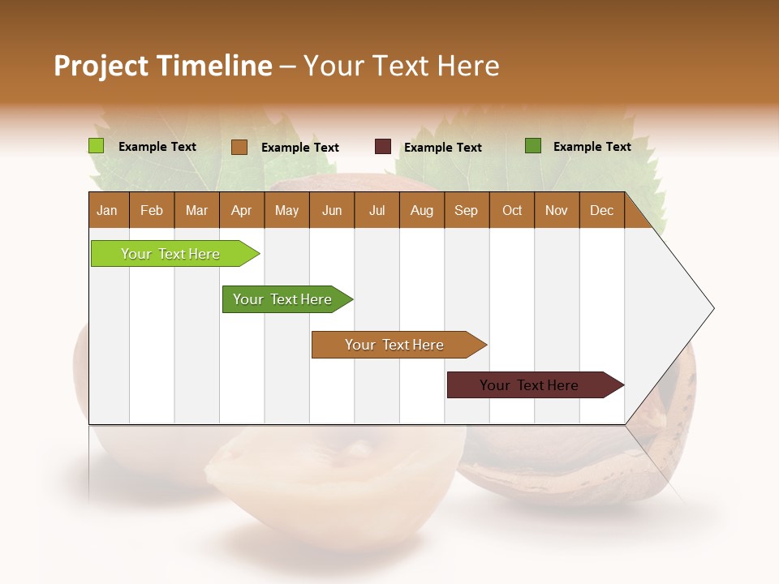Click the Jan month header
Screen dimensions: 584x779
[107, 211]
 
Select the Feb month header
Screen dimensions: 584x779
[152, 211]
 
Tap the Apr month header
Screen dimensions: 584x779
[241, 211]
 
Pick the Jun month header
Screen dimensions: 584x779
[332, 211]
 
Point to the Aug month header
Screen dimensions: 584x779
[421, 211]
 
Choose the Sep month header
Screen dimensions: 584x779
[466, 211]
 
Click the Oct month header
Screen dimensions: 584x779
[512, 211]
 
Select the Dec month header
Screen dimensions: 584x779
[601, 211]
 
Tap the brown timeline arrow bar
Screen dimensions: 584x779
[395, 345]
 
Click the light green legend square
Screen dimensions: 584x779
[97, 146]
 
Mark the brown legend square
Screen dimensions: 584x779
[239, 147]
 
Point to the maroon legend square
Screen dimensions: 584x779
[383, 147]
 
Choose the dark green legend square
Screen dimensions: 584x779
[533, 146]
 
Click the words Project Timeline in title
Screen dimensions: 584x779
[163, 66]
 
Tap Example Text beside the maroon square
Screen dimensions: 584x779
[443, 148]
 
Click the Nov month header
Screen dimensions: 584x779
[557, 211]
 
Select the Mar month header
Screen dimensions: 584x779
[196, 211]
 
